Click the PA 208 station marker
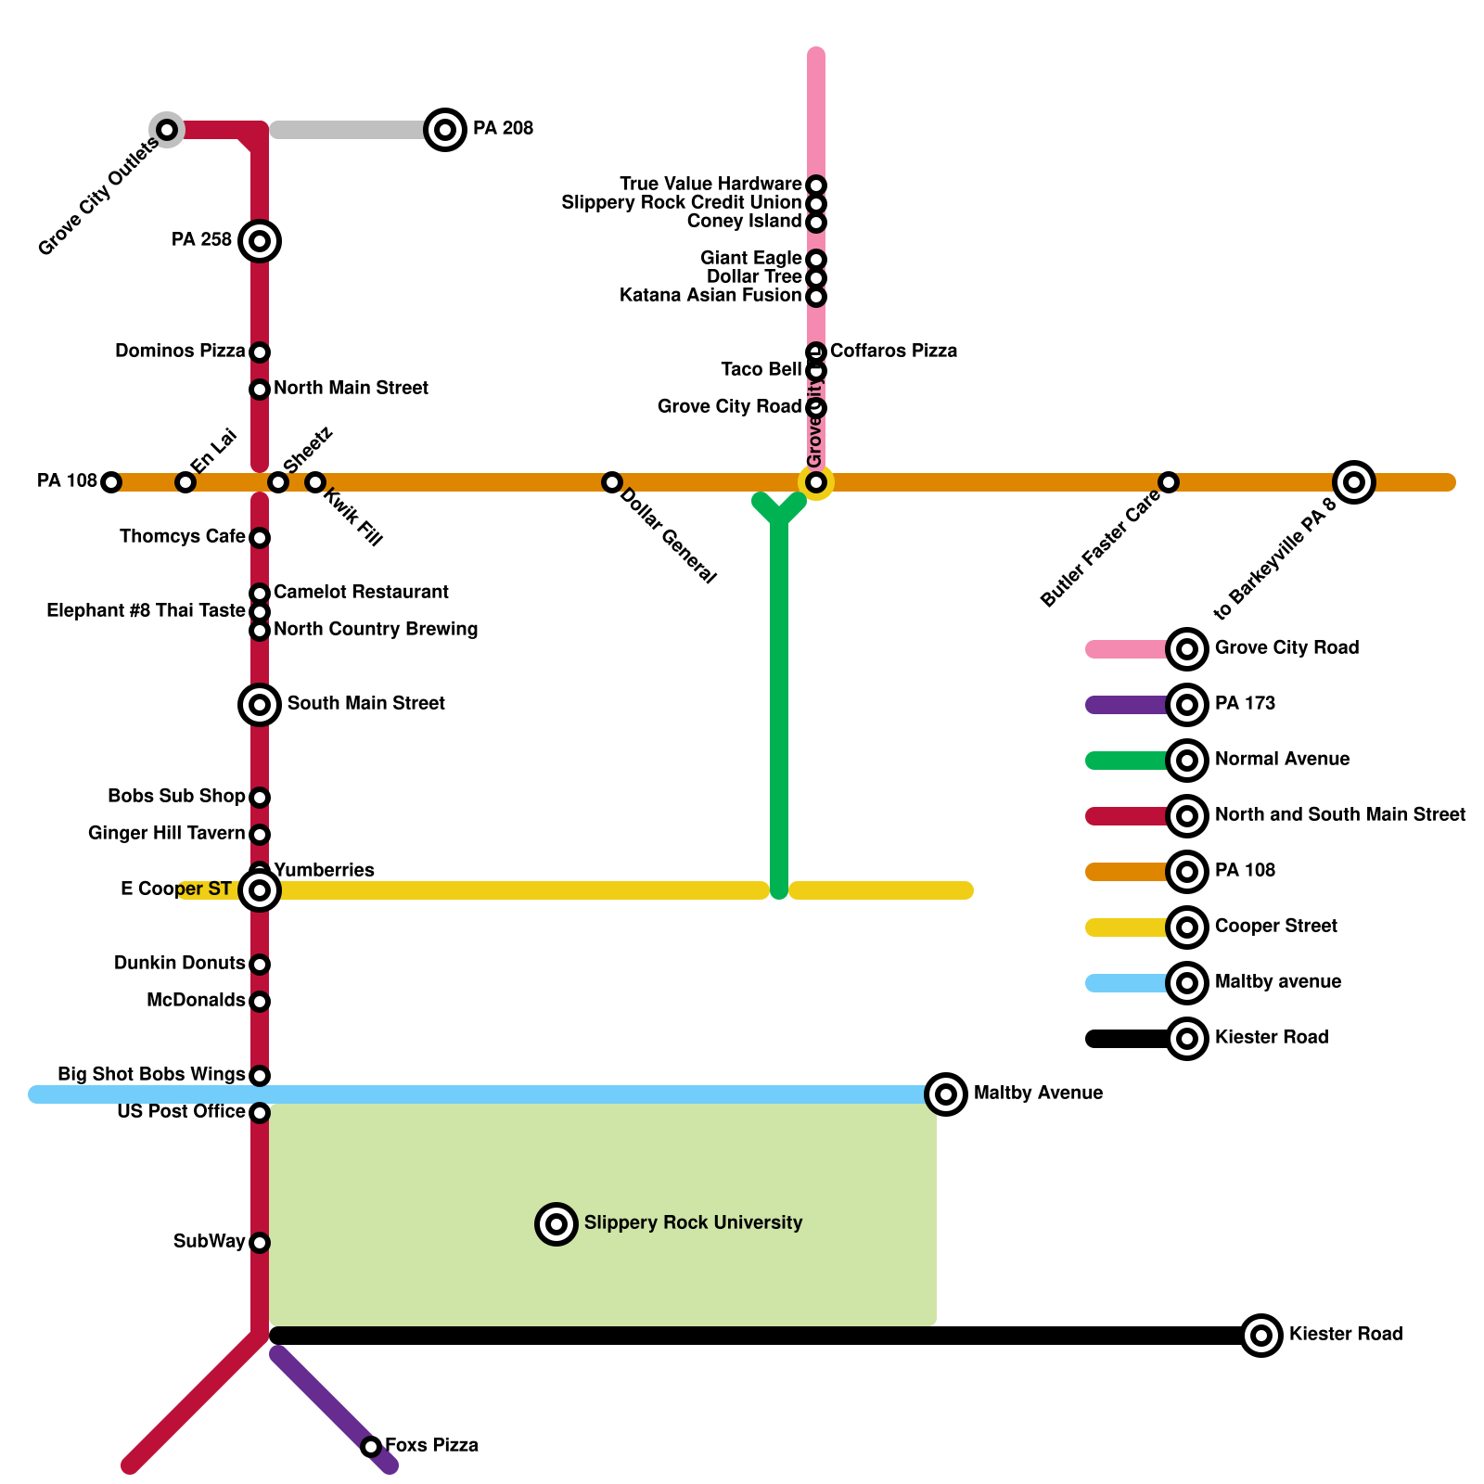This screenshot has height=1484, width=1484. pyautogui.click(x=445, y=130)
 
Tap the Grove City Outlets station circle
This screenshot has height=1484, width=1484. pyautogui.click(x=167, y=130)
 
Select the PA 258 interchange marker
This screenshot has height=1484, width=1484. pyautogui.click(x=260, y=241)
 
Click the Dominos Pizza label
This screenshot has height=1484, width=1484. pyautogui.click(x=180, y=352)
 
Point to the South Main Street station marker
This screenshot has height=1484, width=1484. pyautogui.click(x=260, y=705)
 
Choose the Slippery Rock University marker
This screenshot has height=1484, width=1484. pyautogui.click(x=556, y=1224)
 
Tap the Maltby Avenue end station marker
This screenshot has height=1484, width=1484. pyautogui.click(x=946, y=1094)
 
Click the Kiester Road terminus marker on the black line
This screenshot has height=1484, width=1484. pyautogui.click(x=1261, y=1336)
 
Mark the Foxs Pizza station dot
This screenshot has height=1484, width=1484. pyautogui.click(x=371, y=1447)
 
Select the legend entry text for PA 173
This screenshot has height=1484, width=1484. pyautogui.click(x=1245, y=704)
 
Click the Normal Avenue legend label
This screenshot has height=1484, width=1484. pyautogui.click(x=1282, y=760)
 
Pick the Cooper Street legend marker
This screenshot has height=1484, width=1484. pyautogui.click(x=1187, y=927)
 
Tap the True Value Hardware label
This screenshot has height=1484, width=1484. pyautogui.click(x=710, y=185)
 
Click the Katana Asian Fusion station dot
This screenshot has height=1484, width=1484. pyautogui.click(x=816, y=297)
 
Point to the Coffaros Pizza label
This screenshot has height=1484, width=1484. pyautogui.click(x=893, y=352)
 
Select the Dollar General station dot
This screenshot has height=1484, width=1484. pyautogui.click(x=611, y=482)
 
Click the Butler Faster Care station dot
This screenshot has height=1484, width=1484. pyautogui.click(x=1169, y=482)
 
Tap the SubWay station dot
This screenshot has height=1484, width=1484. pyautogui.click(x=260, y=1243)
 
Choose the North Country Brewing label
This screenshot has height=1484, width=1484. pyautogui.click(x=376, y=630)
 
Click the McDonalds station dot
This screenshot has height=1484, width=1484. pyautogui.click(x=260, y=1002)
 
